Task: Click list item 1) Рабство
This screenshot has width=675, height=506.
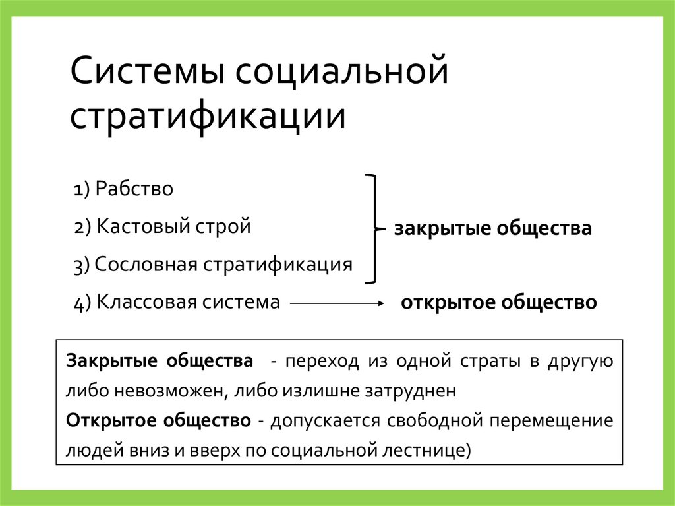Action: pyautogui.click(x=123, y=189)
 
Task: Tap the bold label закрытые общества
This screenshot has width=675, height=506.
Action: pyautogui.click(x=493, y=229)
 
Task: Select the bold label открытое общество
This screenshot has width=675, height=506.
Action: pyautogui.click(x=499, y=303)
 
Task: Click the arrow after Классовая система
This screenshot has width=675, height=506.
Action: pyautogui.click(x=337, y=303)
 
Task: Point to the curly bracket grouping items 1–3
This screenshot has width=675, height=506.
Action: pyautogui.click(x=374, y=228)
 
